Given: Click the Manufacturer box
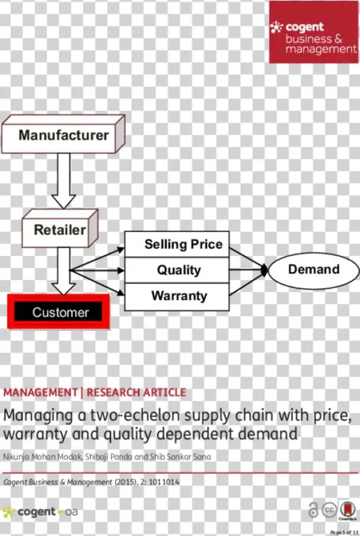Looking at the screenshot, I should (x=63, y=134).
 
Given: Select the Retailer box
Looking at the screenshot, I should (x=59, y=230).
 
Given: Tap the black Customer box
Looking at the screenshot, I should (x=60, y=312).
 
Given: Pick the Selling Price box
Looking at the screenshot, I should (x=177, y=244).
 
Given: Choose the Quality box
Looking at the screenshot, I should (x=177, y=270).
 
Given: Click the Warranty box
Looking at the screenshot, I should (x=177, y=296).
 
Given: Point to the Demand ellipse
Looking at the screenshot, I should (x=313, y=269).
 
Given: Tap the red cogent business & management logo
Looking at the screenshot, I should (x=313, y=32).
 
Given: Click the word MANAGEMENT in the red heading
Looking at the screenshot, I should (x=40, y=393).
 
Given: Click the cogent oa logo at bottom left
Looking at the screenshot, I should (x=40, y=513).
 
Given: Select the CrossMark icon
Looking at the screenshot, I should (x=347, y=510).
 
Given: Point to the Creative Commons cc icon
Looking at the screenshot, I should (x=329, y=510).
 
